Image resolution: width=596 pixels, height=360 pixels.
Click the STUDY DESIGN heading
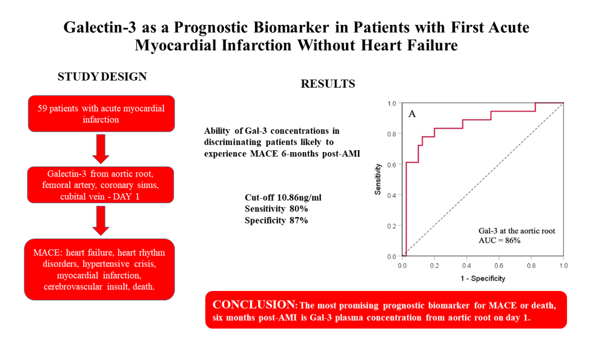pyautogui.click(x=102, y=76)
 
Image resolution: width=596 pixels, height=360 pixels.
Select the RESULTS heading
pyautogui.click(x=328, y=84)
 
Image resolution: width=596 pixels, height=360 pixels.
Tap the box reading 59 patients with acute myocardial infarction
pyautogui.click(x=101, y=114)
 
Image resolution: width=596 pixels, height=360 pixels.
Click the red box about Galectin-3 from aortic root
pyautogui.click(x=101, y=185)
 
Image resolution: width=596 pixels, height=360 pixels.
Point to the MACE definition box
pyautogui.click(x=99, y=269)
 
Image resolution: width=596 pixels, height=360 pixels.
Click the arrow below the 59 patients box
pyautogui.click(x=101, y=148)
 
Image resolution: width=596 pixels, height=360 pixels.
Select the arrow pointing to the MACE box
pyautogui.click(x=101, y=221)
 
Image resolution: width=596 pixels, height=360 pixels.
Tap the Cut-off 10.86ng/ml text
pyautogui.click(x=283, y=198)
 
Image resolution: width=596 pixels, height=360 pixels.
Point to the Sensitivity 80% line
pyautogui.click(x=276, y=208)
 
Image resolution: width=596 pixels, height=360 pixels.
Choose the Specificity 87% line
pyautogui.click(x=276, y=221)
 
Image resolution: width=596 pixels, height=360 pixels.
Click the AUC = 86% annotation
pyautogui.click(x=499, y=241)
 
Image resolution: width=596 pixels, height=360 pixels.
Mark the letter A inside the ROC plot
pyautogui.click(x=412, y=114)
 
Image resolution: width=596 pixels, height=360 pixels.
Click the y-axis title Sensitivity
pyautogui.click(x=378, y=179)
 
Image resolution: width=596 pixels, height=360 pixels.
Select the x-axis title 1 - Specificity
pyautogui.click(x=483, y=279)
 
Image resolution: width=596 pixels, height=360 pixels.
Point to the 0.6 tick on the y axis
pyautogui.click(x=391, y=165)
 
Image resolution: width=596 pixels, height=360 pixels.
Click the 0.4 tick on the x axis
pyautogui.click(x=466, y=265)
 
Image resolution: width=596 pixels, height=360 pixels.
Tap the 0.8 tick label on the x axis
pyautogui.click(x=531, y=265)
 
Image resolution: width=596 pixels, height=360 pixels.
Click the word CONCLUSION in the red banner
pyautogui.click(x=254, y=304)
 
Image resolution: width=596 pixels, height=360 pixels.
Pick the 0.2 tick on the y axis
pyautogui.click(x=391, y=226)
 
